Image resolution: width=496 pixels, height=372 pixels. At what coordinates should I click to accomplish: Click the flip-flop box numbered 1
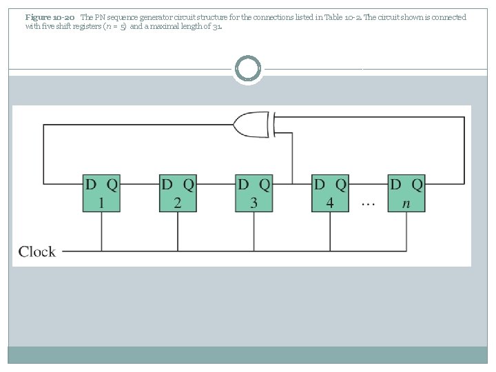(101, 194)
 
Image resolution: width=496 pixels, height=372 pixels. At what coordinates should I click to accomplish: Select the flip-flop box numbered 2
(178, 194)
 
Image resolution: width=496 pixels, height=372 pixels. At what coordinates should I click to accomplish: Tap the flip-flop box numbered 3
(254, 194)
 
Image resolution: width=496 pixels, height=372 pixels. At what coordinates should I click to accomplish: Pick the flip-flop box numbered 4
(330, 194)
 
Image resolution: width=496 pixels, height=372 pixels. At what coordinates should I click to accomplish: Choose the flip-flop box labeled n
(406, 194)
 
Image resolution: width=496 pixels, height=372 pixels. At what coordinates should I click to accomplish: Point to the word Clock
(37, 251)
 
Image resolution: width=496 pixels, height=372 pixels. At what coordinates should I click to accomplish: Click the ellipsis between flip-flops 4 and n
(369, 204)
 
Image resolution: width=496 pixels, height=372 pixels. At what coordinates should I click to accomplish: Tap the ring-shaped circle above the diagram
(248, 69)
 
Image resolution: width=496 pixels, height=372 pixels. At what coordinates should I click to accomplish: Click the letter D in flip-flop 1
(92, 184)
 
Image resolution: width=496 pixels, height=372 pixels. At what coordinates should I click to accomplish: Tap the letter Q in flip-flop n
(416, 184)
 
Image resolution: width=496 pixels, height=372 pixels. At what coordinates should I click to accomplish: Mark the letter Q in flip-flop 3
(265, 184)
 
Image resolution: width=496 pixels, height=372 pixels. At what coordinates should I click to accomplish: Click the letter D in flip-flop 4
(320, 184)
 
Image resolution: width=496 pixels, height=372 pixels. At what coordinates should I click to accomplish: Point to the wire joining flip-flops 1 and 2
(140, 184)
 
